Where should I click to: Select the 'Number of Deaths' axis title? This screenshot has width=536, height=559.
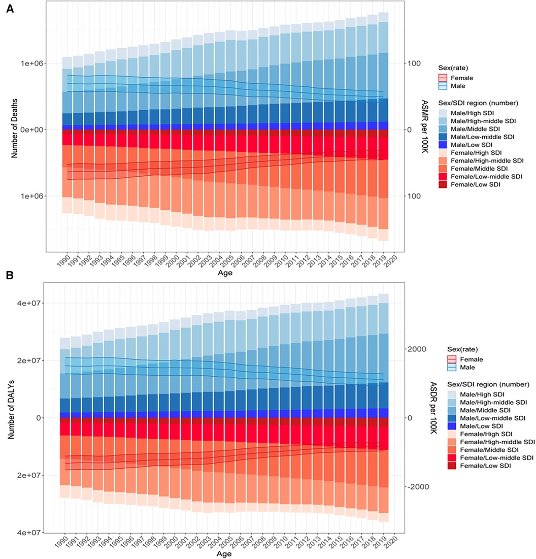pos(16,129)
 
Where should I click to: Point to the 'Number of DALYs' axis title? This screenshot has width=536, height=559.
pos(16,417)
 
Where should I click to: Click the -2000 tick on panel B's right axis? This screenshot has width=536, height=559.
pos(416,487)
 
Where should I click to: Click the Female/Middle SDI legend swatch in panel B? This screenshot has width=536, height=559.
pos(452,450)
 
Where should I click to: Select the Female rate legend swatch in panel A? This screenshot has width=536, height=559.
pos(444,78)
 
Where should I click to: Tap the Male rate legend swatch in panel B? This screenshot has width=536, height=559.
pos(452,368)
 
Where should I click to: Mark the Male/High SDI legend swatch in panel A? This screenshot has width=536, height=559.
pos(444,112)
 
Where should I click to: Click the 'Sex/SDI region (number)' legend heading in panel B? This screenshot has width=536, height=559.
pos(488,384)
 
